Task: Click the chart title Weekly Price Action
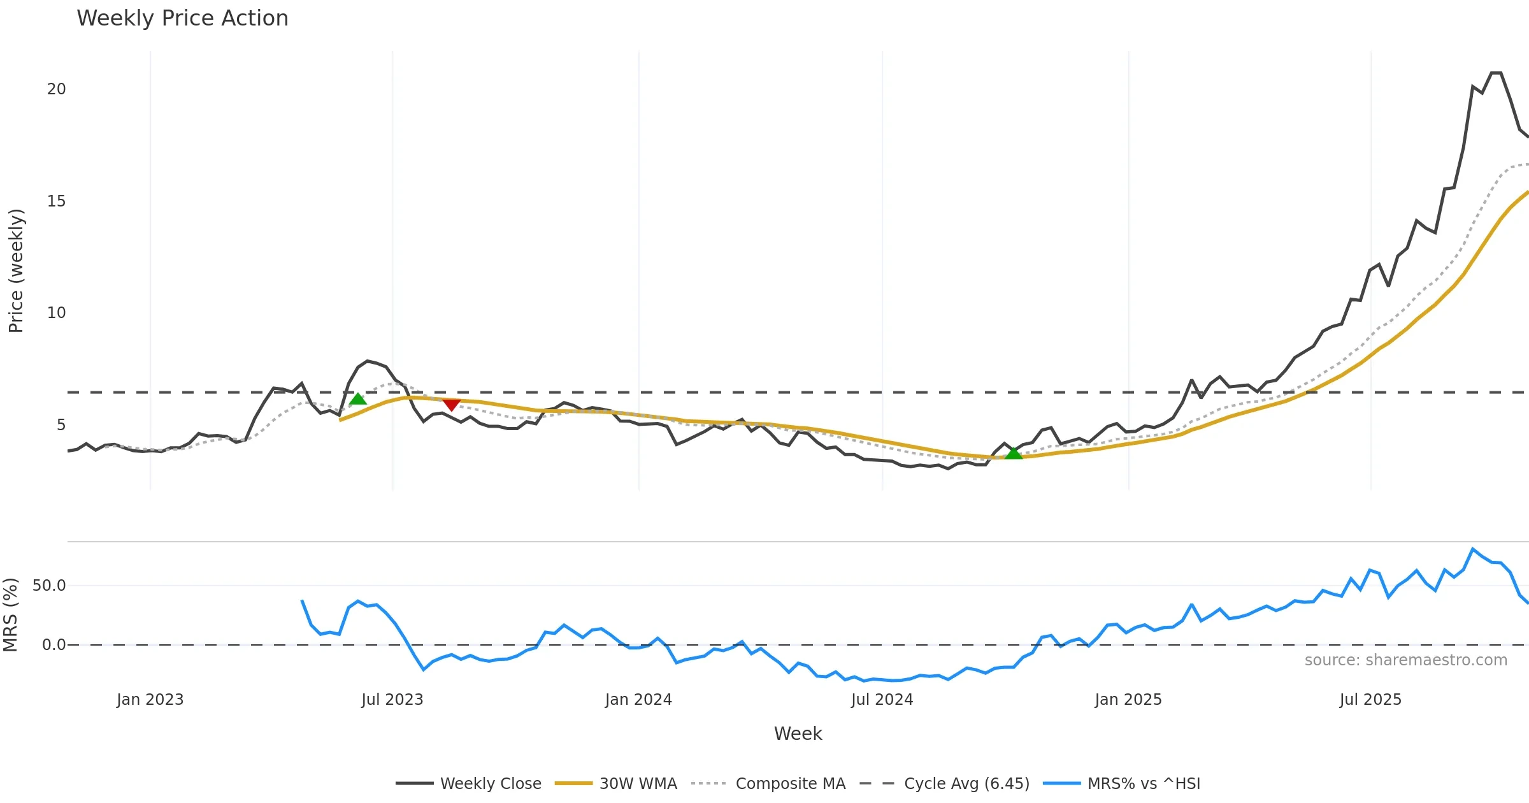182,18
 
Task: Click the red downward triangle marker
451,405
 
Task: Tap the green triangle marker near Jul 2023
358,399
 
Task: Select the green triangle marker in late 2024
1013,453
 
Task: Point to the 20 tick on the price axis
56,89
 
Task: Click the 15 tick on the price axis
56,201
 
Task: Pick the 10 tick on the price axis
56,313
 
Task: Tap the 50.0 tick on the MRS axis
49,586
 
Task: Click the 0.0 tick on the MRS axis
54,645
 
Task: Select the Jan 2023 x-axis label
150,700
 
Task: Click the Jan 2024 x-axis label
638,700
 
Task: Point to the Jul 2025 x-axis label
1370,700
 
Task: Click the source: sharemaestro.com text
1405,660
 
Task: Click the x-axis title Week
798,734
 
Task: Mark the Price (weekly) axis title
16,270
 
